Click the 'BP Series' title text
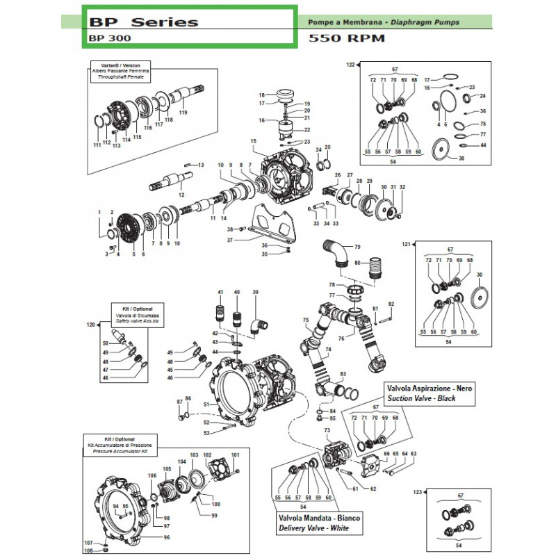point(143,21)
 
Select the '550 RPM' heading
point(345,39)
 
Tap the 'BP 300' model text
point(104,39)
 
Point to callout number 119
point(183,113)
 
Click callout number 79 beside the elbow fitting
point(358,247)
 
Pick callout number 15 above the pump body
point(254,141)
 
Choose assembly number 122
point(350,65)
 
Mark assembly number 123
point(416,492)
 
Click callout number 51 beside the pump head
point(206,404)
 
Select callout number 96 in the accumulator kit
point(167,537)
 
